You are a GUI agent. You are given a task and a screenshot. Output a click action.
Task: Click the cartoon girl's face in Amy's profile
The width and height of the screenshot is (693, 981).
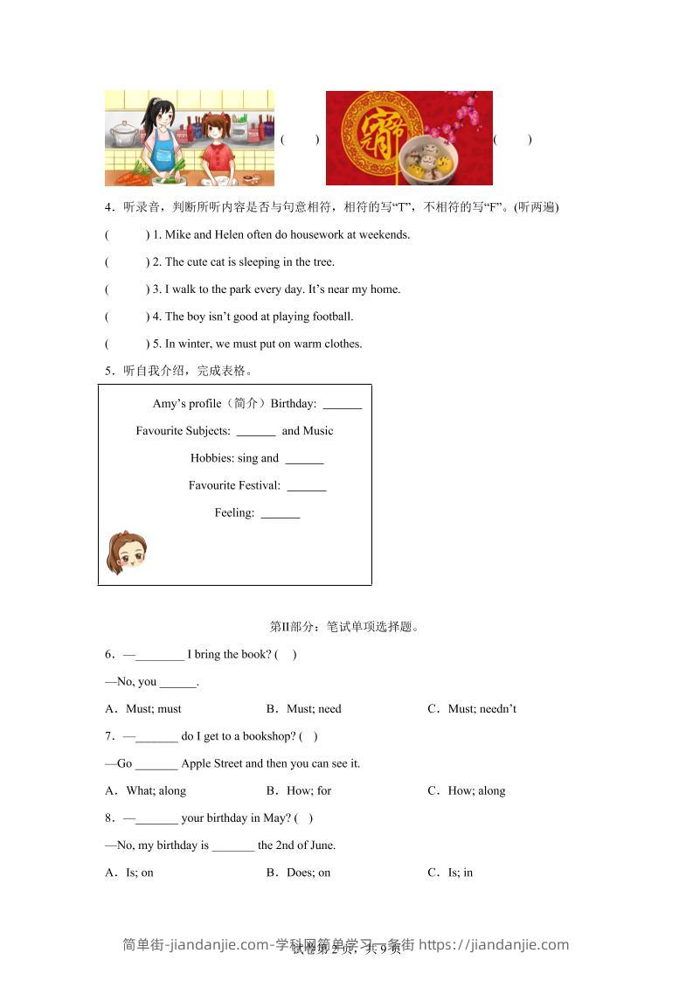[127, 553]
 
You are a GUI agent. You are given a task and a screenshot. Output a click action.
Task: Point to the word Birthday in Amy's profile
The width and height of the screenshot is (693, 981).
[293, 404]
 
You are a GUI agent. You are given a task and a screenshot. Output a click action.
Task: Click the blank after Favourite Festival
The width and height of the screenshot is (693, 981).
[306, 486]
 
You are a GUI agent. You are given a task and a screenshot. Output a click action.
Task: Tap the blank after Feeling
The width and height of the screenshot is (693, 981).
[280, 514]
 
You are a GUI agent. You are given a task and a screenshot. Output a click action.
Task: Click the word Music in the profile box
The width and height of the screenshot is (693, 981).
[318, 431]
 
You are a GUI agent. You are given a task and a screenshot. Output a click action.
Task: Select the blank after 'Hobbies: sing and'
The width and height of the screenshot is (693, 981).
[304, 459]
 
